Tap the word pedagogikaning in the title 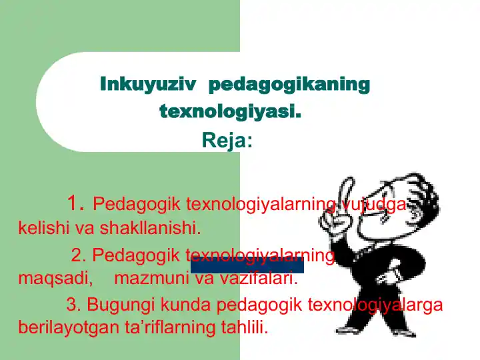[x=289, y=85]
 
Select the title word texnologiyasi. [x=230, y=111]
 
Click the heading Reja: [x=227, y=141]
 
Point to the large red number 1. [x=76, y=202]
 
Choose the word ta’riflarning [x=158, y=327]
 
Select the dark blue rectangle [x=247, y=265]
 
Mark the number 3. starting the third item [x=73, y=305]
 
